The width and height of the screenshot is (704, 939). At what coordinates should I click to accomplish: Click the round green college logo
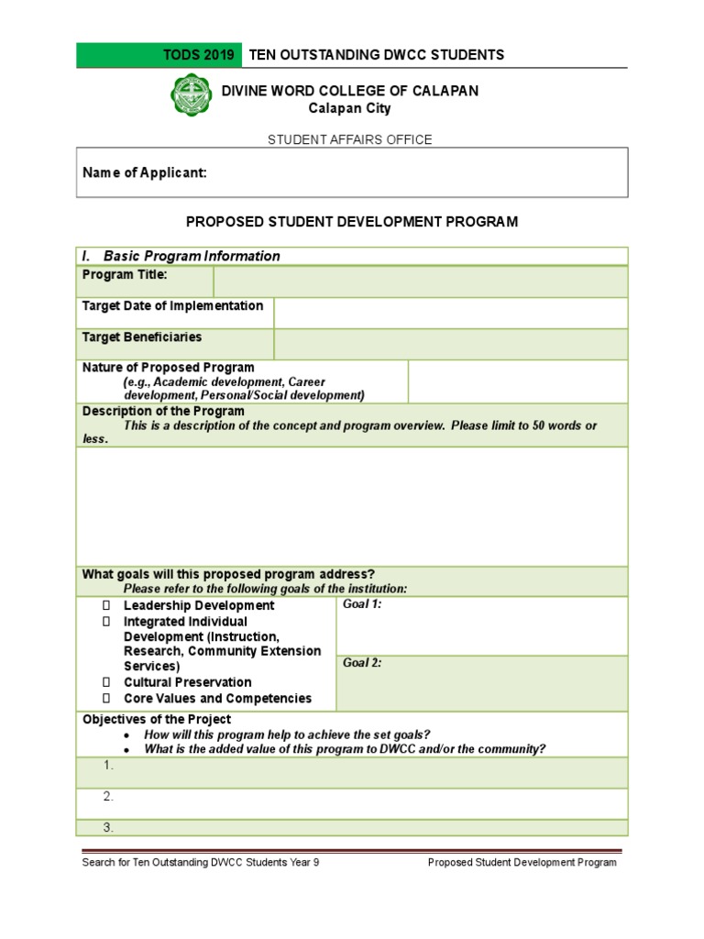pos(192,95)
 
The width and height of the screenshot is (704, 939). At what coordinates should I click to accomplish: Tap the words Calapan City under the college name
pos(349,108)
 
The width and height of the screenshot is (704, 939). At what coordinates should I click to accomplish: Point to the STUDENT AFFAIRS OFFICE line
pos(349,139)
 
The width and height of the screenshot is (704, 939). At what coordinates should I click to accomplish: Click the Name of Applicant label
pos(145,172)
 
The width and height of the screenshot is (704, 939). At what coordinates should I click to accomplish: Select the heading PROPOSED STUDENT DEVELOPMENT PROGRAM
pos(352,222)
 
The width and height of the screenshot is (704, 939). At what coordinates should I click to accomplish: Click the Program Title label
pos(125,275)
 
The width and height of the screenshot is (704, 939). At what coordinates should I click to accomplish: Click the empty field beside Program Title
pos(420,282)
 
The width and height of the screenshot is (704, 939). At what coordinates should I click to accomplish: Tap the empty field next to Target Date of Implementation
pos(450,313)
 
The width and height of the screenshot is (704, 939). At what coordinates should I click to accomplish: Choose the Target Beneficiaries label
pos(142,337)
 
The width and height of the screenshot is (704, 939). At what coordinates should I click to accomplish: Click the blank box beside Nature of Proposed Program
pos(517,381)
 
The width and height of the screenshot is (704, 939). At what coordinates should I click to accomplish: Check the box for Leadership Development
pos(106,606)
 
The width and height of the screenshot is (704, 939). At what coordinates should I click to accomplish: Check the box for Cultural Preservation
pos(106,682)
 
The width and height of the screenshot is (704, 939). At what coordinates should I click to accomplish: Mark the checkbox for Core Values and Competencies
pos(106,699)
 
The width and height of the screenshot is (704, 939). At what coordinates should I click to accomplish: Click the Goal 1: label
pos(362,604)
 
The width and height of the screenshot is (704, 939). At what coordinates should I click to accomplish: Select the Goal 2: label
pos(362,663)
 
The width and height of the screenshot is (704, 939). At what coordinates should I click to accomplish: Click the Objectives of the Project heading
pos(157,720)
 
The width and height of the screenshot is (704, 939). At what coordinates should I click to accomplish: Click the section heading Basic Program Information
pos(192,256)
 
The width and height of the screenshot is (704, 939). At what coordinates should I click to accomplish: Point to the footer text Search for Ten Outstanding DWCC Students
pos(201,863)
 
